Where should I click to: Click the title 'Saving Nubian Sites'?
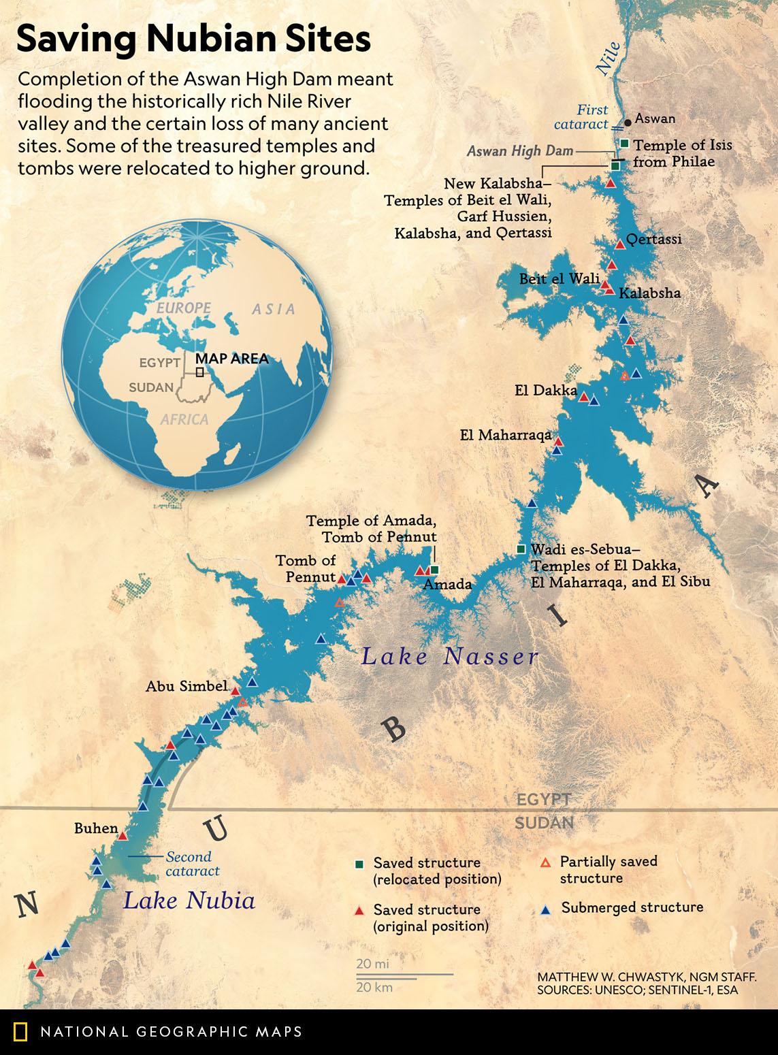[193, 39]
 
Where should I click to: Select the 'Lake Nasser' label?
[449, 657]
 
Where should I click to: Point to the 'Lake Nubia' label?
[189, 901]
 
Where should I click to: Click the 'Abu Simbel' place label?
[186, 687]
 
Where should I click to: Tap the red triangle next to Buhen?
[123, 836]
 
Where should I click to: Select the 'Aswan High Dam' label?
[520, 151]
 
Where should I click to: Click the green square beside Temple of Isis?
[624, 143]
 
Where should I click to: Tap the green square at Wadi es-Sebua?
[521, 549]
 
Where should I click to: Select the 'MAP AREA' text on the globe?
[231, 359]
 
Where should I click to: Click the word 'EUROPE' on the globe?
[183, 308]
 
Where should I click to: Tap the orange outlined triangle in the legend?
[544, 862]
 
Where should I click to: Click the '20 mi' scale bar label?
[372, 964]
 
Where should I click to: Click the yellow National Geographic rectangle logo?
[20, 1032]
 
